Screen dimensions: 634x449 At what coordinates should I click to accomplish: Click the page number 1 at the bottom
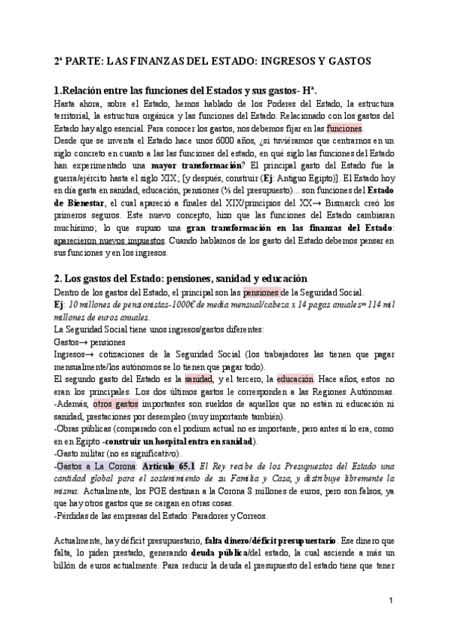[x=392, y=600]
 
